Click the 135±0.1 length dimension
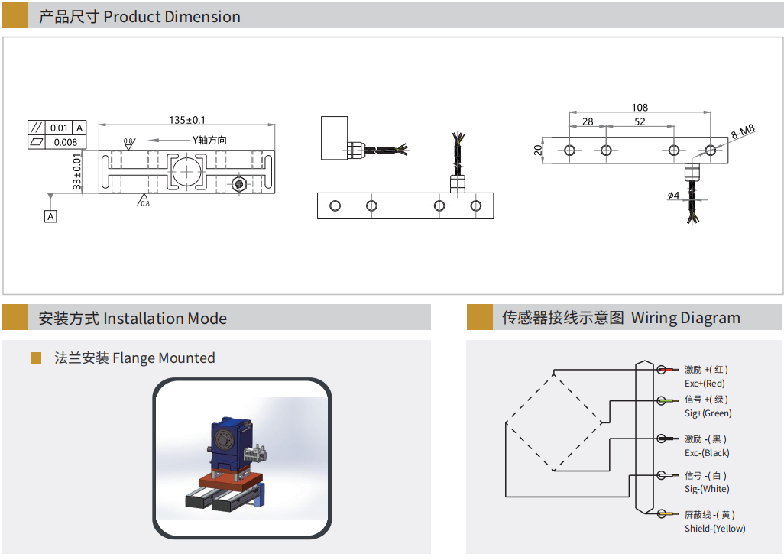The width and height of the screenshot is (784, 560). click(187, 120)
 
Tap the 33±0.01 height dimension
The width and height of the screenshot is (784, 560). click(76, 171)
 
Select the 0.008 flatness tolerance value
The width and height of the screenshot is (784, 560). click(66, 143)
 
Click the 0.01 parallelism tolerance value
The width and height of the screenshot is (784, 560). click(59, 128)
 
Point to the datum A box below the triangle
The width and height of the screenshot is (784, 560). click(50, 216)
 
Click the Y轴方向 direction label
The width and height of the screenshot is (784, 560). click(209, 141)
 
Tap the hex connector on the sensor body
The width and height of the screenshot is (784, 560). click(239, 183)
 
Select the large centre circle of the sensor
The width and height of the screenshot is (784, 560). click(186, 172)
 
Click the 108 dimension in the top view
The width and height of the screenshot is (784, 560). click(640, 108)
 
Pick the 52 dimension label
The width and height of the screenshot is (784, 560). click(640, 121)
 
